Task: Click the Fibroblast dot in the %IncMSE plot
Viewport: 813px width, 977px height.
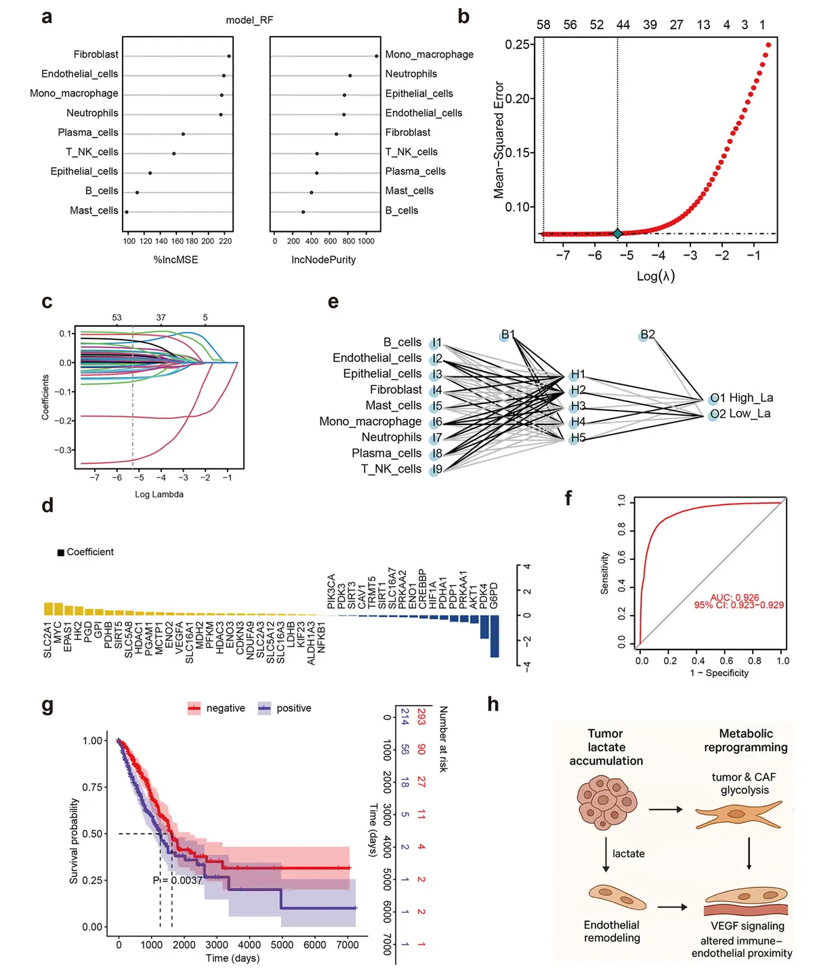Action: pos(229,56)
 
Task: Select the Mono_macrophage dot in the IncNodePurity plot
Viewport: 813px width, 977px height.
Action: pos(376,56)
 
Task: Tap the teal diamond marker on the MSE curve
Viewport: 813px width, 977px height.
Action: pos(617,233)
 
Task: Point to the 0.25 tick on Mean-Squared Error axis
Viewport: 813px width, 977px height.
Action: pos(519,45)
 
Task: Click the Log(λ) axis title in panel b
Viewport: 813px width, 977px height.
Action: pos(655,276)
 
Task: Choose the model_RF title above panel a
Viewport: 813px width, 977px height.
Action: pos(249,20)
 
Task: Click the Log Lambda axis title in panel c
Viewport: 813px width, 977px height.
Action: pos(159,494)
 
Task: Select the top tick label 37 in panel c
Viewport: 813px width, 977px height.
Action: pos(161,317)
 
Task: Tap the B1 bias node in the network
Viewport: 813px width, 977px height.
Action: pos(504,336)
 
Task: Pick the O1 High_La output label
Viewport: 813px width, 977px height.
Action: pos(741,398)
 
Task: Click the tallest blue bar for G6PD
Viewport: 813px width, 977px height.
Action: pos(495,636)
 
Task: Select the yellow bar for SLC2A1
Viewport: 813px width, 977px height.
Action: pos(48,608)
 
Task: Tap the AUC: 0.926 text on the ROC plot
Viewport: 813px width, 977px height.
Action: pos(734,598)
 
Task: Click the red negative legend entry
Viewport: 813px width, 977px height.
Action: pos(216,709)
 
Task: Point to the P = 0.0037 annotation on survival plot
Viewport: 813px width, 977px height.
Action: pos(177,880)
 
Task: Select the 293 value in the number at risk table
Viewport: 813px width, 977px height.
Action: pos(421,717)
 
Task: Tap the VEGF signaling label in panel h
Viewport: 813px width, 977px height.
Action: pos(747,926)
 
